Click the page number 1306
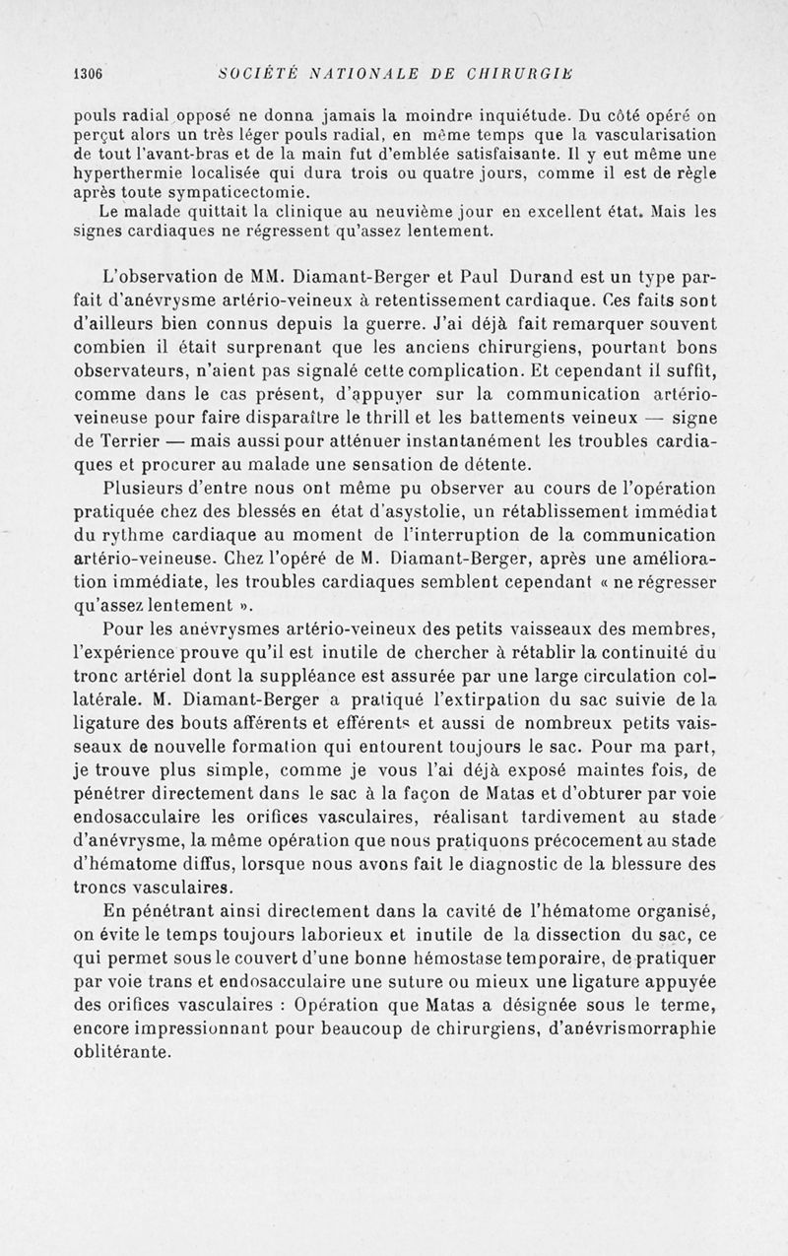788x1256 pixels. (x=89, y=71)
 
